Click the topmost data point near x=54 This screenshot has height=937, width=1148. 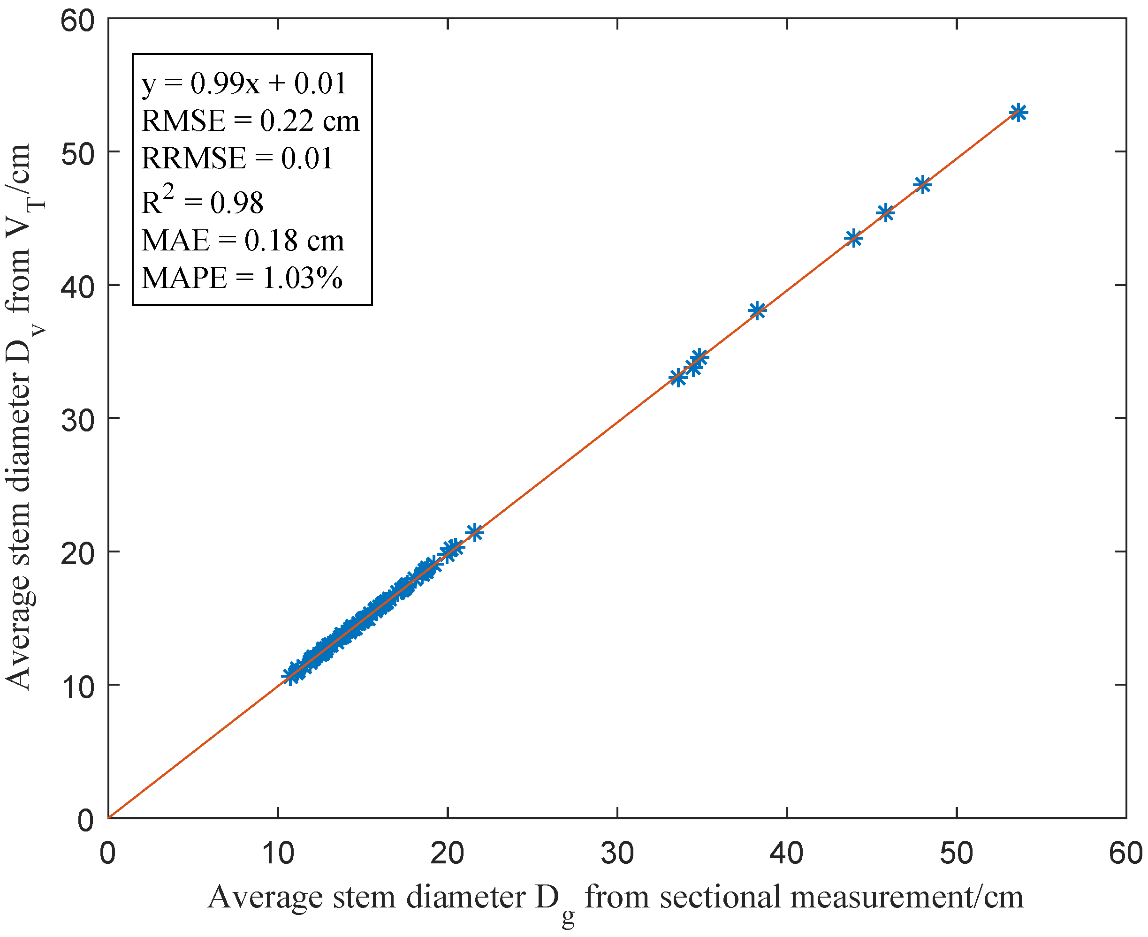coord(1018,113)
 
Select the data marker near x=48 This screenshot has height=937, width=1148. coord(923,185)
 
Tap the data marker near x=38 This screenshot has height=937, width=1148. coord(757,310)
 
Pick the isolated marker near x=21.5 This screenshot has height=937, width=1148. coord(474,533)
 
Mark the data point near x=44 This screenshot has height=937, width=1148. coord(854,238)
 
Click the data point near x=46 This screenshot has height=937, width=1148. coord(885,213)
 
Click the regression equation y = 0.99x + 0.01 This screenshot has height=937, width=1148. coord(243,83)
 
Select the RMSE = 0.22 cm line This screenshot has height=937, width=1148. coord(250,121)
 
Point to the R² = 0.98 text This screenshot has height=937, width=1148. coord(203,201)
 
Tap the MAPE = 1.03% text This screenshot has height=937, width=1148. coord(242,279)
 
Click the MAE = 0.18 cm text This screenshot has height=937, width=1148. coord(243,241)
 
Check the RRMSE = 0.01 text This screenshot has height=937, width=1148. coord(237,159)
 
